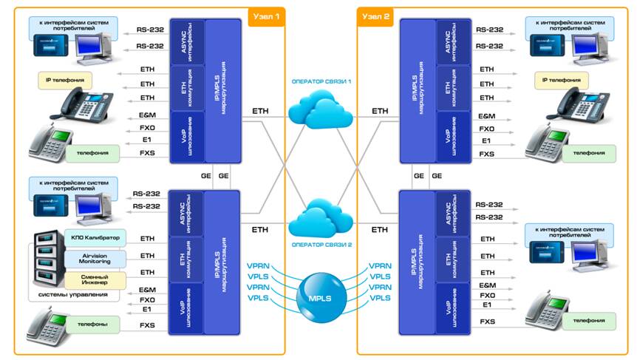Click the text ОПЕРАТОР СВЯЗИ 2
coord(318,244)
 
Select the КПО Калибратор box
coord(97,238)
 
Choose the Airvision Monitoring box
coord(96,259)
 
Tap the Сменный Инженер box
coord(97,279)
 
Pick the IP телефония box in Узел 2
coord(565,79)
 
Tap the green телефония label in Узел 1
coord(92,154)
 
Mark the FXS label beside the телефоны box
coord(148,325)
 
